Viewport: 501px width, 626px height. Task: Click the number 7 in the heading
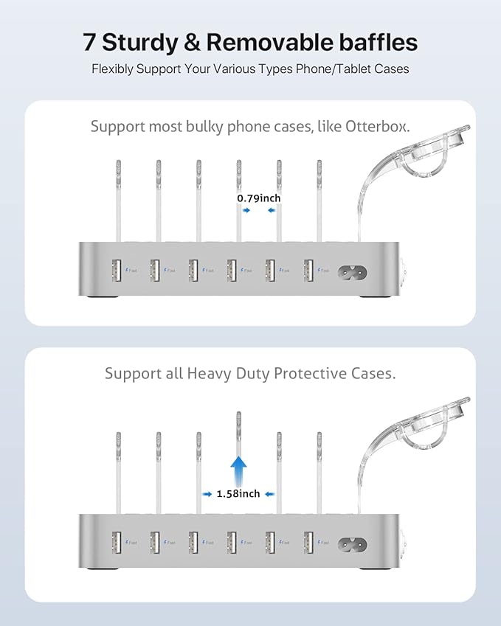pyautogui.click(x=89, y=42)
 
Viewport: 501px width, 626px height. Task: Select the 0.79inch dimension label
pyautogui.click(x=258, y=198)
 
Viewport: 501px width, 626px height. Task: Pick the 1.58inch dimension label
pyautogui.click(x=238, y=493)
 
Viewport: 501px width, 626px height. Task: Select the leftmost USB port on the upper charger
pyautogui.click(x=116, y=270)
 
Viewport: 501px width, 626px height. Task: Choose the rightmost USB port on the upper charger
pyautogui.click(x=308, y=270)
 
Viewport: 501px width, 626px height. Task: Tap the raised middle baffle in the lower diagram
pyautogui.click(x=238, y=435)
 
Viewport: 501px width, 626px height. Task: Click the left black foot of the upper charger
pyautogui.click(x=99, y=299)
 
